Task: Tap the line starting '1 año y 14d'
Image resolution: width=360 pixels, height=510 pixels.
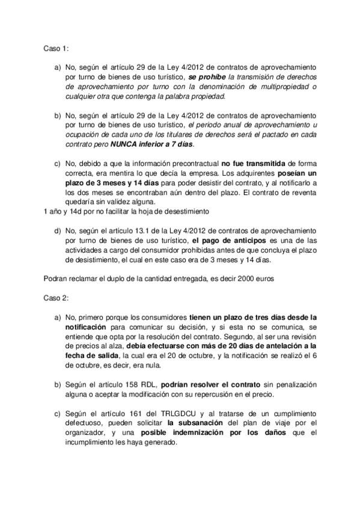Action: click(126, 211)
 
